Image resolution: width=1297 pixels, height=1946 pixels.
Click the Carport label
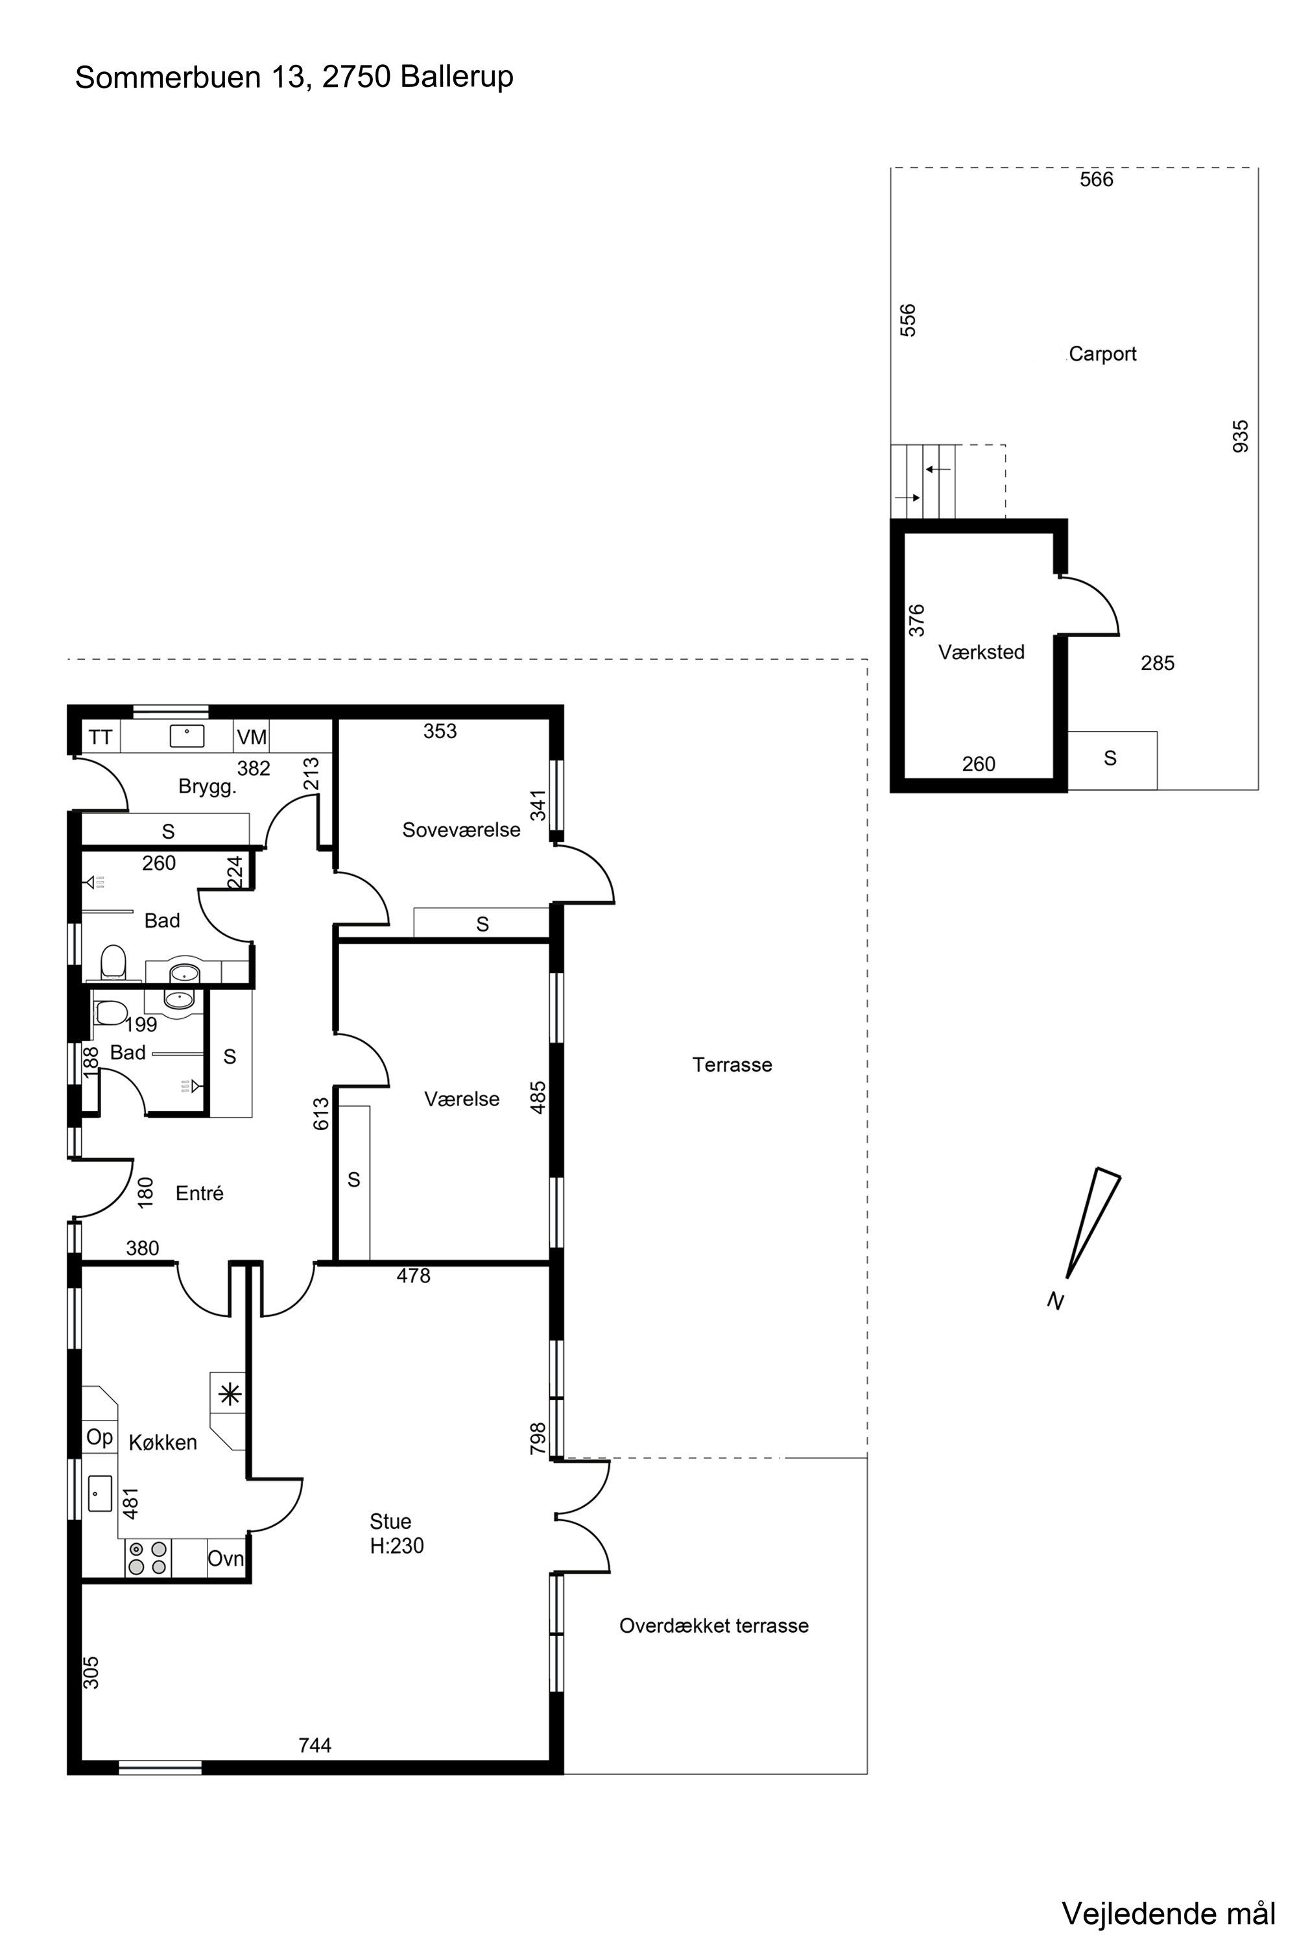[1102, 354]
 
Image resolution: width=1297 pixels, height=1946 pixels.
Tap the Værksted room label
[981, 652]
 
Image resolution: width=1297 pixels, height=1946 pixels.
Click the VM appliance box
[252, 736]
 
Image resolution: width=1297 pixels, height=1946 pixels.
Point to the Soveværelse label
[462, 830]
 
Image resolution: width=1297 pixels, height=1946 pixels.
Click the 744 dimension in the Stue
[315, 1745]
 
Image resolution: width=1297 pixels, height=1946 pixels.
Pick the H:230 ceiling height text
[397, 1546]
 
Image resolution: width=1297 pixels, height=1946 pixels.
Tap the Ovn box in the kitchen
[226, 1559]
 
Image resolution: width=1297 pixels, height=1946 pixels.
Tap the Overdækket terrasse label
[714, 1626]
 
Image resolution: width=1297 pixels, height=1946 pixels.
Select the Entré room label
[199, 1193]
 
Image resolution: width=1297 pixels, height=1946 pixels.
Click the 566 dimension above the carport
[1097, 180]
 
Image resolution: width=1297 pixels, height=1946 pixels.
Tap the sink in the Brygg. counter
[187, 736]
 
